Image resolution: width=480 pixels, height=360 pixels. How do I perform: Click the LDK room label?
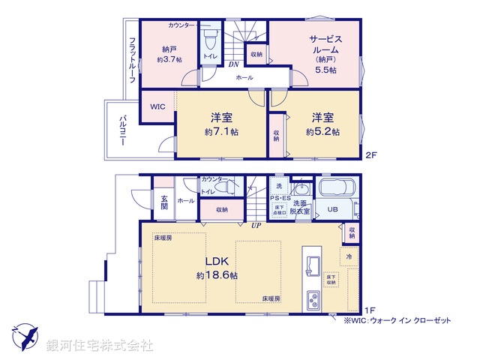point(217,262)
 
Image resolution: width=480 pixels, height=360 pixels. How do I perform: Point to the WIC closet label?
point(157,106)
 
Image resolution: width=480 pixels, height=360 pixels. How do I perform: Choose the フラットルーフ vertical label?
point(132,59)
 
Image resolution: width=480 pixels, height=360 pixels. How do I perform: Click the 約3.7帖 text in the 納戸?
point(168,59)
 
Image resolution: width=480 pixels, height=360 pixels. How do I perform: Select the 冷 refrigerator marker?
point(349,256)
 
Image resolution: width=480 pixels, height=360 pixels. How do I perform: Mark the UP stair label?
point(256,225)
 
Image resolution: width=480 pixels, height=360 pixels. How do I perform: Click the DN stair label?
point(232,64)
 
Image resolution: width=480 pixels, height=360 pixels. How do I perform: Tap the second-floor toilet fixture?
point(210,36)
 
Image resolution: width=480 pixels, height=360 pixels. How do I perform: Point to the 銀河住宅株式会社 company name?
point(99,346)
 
